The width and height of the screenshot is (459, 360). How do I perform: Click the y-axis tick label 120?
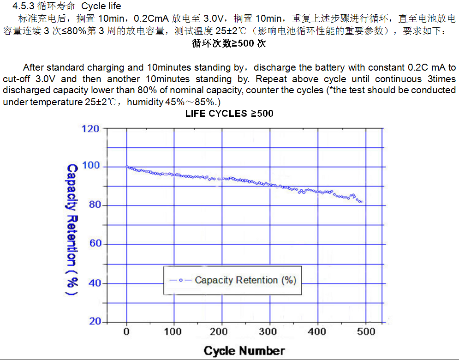coord(90,128)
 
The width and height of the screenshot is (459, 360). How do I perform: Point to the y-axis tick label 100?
coord(90,166)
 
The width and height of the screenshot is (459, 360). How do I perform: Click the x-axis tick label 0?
coord(126,331)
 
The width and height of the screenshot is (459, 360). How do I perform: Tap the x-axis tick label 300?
coord(268,331)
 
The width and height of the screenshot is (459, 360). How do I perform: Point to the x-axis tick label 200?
coord(221,331)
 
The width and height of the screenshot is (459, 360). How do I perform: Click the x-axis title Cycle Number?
coord(244,350)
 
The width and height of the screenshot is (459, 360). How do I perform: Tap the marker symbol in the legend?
coord(181,280)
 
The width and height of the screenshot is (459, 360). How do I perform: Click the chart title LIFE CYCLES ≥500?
coord(229,113)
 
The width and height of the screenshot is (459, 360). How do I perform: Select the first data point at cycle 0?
coord(127,167)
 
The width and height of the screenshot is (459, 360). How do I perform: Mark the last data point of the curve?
coord(362,202)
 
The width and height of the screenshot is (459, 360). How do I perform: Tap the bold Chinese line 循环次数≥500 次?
coord(229,44)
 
